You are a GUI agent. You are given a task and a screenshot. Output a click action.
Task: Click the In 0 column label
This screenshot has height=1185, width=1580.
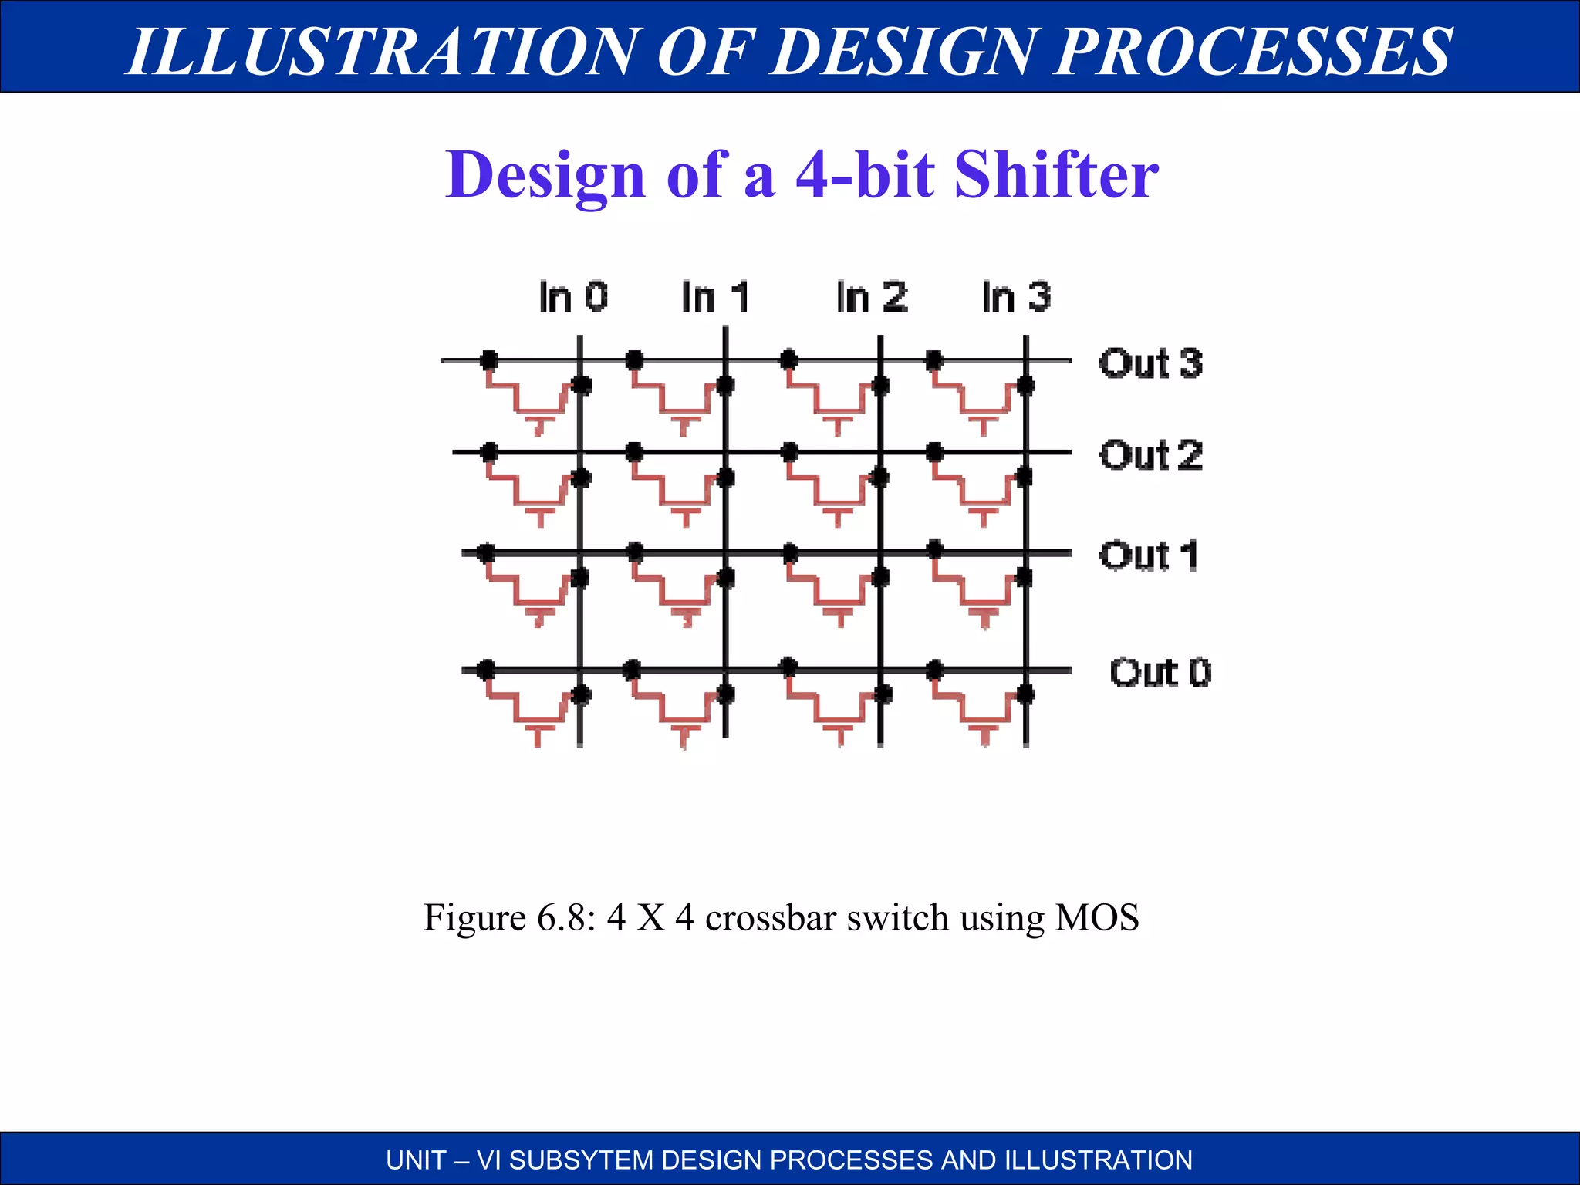pos(573,297)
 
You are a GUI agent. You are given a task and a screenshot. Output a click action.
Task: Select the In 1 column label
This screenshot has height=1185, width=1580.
pos(715,297)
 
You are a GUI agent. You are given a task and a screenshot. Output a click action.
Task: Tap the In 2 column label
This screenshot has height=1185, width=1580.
pos(872,297)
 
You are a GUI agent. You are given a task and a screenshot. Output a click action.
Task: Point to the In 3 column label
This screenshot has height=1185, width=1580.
pos(1016,297)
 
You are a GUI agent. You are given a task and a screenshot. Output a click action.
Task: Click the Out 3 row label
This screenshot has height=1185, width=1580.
pos(1150,363)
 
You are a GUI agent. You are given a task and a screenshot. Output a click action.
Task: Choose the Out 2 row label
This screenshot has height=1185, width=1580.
pos(1150,455)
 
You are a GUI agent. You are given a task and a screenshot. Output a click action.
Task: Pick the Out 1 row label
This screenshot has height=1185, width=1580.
pos(1149,555)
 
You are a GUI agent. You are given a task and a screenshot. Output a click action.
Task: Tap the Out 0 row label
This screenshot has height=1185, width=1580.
pos(1160,673)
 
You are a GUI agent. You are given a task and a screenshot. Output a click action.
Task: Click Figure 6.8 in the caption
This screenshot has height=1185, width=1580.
pos(509,918)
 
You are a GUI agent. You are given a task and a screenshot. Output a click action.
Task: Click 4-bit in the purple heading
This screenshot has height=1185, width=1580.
pos(866,174)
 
